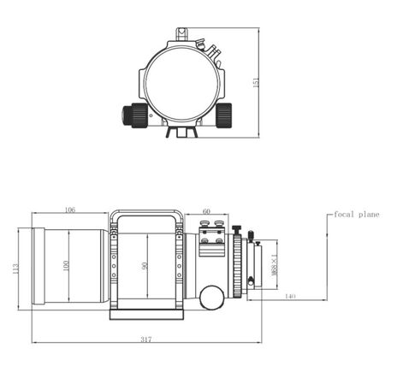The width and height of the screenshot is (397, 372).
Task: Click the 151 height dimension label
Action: [256, 81]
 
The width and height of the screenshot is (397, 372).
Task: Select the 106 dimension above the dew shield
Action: [69, 210]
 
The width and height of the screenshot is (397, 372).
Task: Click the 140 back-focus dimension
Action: [290, 295]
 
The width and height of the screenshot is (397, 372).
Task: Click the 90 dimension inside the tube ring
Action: [146, 266]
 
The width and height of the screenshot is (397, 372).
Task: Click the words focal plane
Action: [356, 215]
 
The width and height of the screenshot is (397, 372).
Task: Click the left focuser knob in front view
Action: [136, 114]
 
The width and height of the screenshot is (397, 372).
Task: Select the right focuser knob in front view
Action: [224, 114]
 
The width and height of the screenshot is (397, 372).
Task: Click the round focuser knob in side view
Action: [210, 297]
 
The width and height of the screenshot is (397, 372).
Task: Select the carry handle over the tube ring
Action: [146, 215]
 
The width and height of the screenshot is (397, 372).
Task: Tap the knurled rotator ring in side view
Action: [236, 265]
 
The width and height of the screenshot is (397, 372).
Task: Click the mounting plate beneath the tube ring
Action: [146, 314]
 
